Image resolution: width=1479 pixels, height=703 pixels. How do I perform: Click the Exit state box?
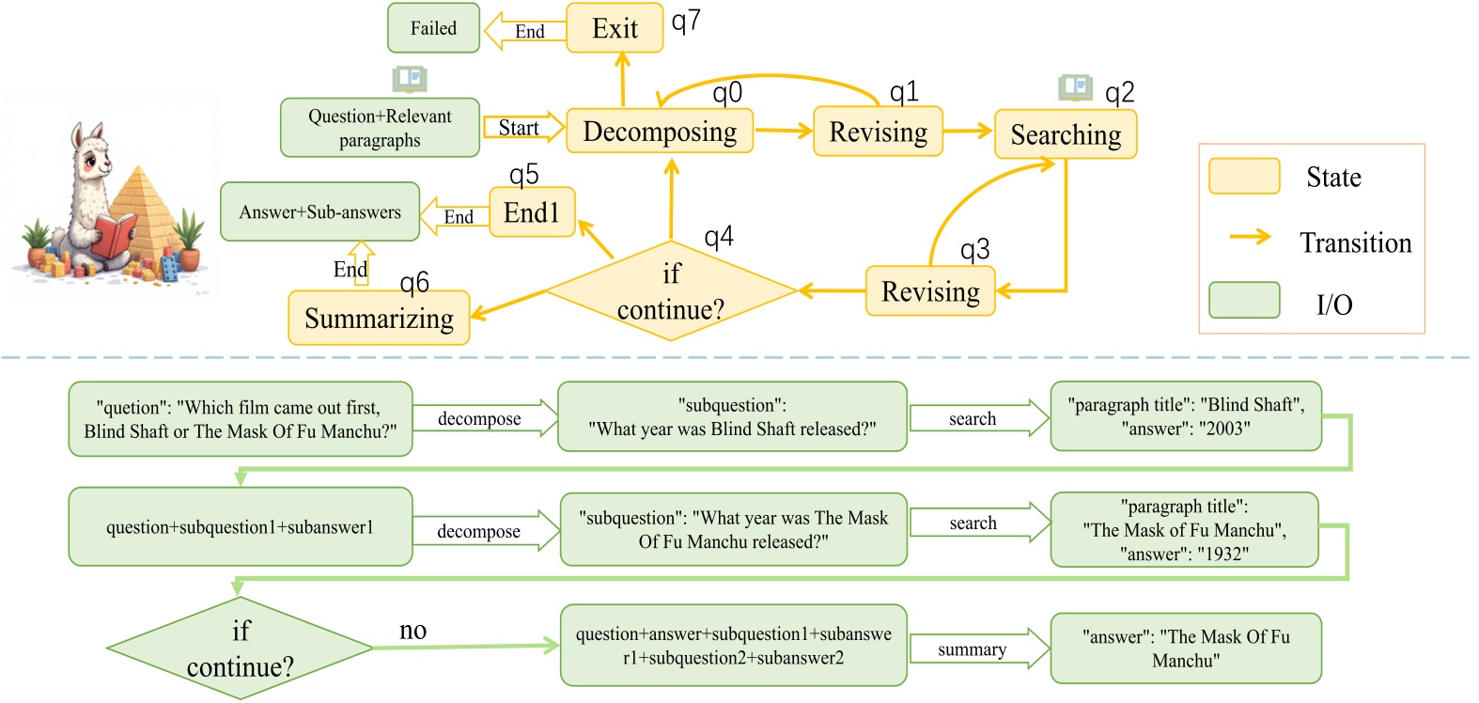pos(615,28)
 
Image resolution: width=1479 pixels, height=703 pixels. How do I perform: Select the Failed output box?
pos(433,28)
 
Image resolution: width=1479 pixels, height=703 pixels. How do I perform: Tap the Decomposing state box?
pos(660,132)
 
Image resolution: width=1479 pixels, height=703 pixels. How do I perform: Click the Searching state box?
pos(1066,134)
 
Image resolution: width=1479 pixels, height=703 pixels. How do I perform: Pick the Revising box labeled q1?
pos(878,132)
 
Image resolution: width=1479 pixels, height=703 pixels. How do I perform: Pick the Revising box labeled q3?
pos(929,291)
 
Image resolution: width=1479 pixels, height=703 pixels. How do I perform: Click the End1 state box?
pos(532,212)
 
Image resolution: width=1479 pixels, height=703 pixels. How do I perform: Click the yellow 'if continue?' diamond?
pos(671,291)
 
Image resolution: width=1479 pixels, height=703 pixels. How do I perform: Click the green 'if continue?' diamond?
pos(241,648)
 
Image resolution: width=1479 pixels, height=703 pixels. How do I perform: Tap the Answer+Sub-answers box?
pos(319,212)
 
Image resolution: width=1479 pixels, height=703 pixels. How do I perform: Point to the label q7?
pos(686,21)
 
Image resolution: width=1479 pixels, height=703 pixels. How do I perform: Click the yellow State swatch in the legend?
pos(1244,176)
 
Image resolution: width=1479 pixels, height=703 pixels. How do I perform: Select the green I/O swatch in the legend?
pos(1244,301)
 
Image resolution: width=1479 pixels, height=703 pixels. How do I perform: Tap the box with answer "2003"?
pos(1186,416)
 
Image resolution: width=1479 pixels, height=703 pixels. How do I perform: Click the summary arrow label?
pos(972,649)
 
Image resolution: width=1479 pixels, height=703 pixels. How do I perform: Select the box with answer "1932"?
pos(1184,530)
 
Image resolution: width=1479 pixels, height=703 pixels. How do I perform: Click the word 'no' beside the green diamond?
pos(413,631)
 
